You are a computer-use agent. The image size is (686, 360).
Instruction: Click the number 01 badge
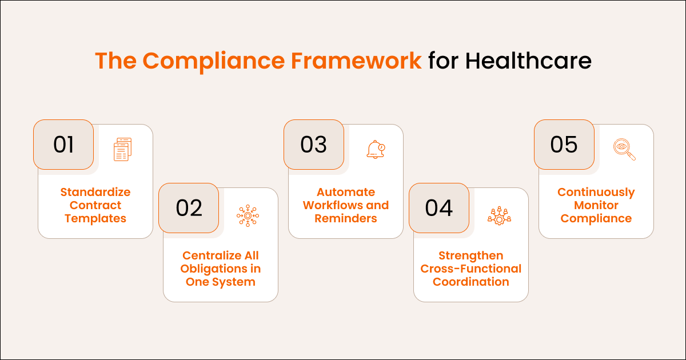pyautogui.click(x=63, y=145)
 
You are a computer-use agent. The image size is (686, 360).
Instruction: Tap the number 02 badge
pyautogui.click(x=189, y=208)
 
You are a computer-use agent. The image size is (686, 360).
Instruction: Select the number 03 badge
pyautogui.click(x=314, y=145)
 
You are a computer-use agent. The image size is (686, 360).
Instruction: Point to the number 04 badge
pyautogui.click(x=439, y=208)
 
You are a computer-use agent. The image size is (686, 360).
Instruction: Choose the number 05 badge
pyautogui.click(x=564, y=145)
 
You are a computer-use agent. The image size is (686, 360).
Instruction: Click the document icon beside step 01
pyautogui.click(x=122, y=149)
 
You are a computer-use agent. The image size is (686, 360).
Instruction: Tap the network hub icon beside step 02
pyautogui.click(x=248, y=215)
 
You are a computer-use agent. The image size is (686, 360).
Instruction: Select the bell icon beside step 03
pyautogui.click(x=376, y=149)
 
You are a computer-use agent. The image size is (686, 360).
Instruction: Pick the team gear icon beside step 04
pyautogui.click(x=498, y=215)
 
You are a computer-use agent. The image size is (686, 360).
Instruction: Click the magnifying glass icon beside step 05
pyautogui.click(x=624, y=149)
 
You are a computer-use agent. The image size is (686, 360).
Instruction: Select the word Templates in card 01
pyautogui.click(x=95, y=218)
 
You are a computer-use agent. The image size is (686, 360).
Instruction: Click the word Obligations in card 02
pyautogui.click(x=221, y=269)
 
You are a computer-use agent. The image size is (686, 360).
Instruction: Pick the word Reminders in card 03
pyautogui.click(x=346, y=218)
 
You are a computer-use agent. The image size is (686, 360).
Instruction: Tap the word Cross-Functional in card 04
pyautogui.click(x=471, y=269)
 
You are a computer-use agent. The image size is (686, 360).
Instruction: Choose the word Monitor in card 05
pyautogui.click(x=596, y=205)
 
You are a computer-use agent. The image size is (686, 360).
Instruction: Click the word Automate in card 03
pyautogui.click(x=346, y=192)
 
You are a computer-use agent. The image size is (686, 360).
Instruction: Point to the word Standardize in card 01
pyautogui.click(x=95, y=192)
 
